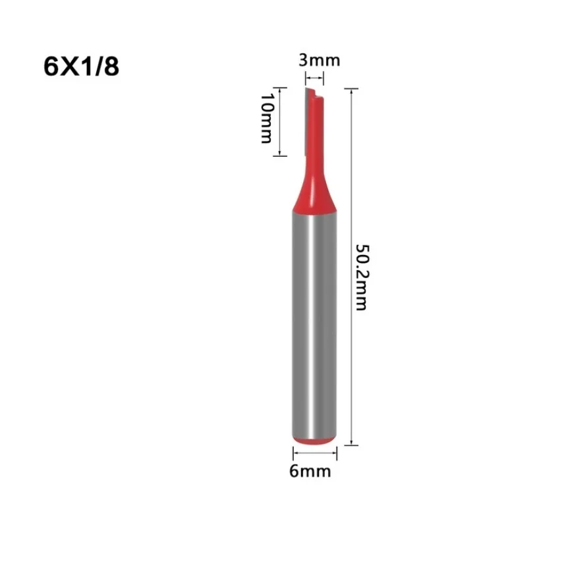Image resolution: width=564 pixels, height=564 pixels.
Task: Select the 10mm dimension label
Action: [266, 119]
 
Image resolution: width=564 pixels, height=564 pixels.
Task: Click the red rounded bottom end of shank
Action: [314, 439]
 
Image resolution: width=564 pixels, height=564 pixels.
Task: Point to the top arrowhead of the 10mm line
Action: [281, 91]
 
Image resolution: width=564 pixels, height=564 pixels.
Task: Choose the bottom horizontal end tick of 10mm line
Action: [281, 155]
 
